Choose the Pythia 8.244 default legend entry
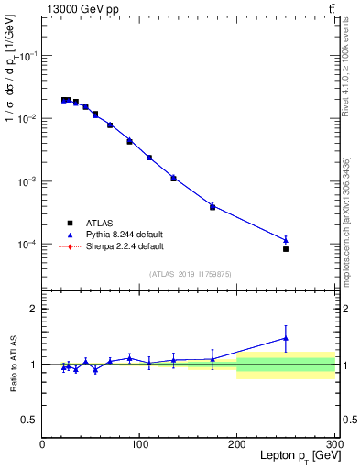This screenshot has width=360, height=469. coord(115,234)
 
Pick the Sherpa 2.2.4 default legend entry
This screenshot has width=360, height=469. coord(115,246)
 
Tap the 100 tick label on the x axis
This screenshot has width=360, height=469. coord(139,444)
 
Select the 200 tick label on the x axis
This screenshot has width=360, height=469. coord(236,444)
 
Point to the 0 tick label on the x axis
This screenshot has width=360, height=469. coord(42,444)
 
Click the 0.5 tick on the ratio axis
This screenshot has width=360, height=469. coord(30,420)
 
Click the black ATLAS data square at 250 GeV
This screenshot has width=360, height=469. coord(286,249)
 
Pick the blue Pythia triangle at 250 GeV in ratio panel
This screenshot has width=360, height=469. coord(286,337)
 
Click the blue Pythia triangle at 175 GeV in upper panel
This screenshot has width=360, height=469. coord(213,205)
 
